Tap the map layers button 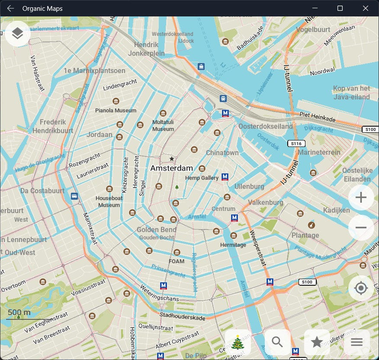pos(18,33)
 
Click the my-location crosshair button pos(361,288)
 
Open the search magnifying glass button pos(277,342)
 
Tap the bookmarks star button pos(317,342)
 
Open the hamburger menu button pos(357,342)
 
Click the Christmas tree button pos(238,342)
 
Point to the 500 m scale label pos(19,312)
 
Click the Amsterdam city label pos(171,168)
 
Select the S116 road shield pos(296,143)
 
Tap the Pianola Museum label pos(116,111)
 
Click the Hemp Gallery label pos(202,178)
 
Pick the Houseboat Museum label pos(109,202)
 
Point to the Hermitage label pos(234,245)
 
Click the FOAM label pos(177,261)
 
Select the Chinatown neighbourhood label pos(222,153)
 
